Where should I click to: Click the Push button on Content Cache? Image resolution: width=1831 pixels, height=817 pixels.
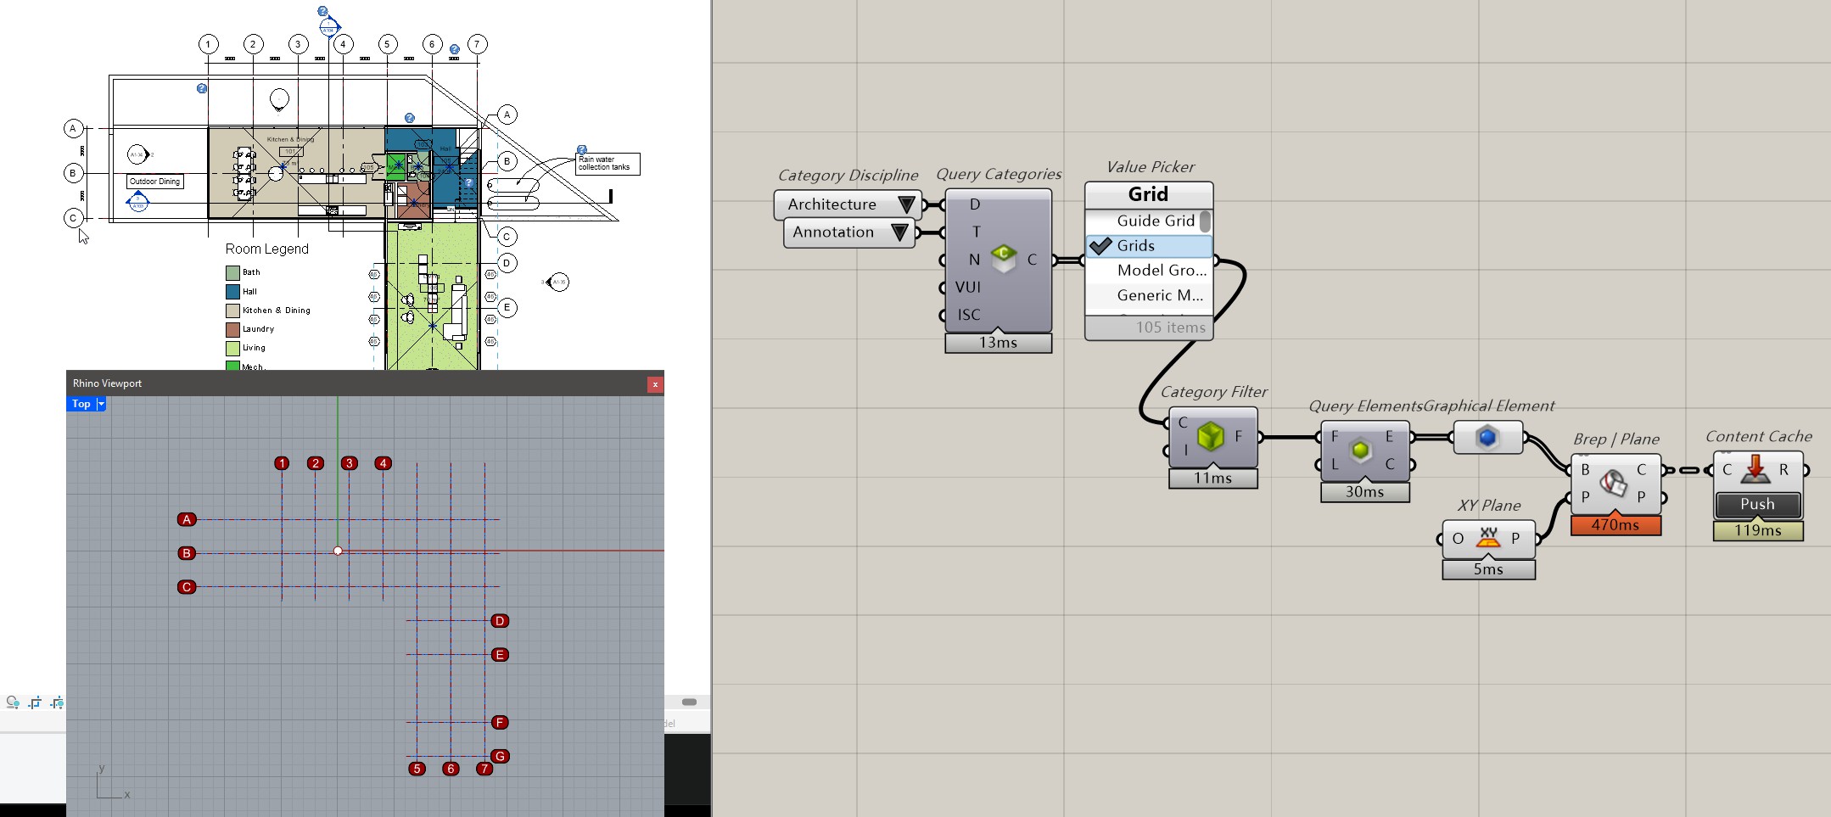[x=1757, y=504]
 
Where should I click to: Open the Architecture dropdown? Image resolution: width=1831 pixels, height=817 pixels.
[x=906, y=204]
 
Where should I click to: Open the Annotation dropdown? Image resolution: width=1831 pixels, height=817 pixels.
[x=899, y=232]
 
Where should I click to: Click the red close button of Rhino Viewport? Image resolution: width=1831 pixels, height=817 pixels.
[x=655, y=384]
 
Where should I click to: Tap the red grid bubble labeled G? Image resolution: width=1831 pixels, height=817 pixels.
[x=500, y=756]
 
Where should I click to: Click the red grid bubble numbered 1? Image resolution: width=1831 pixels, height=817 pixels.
[x=282, y=463]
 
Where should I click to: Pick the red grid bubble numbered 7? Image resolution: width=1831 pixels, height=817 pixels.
[x=484, y=769]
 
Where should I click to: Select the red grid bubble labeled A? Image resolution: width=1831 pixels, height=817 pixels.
[x=187, y=519]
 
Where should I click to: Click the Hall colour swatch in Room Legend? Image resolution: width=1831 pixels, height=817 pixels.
[x=232, y=291]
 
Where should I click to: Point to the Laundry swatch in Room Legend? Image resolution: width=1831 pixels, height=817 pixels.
[x=232, y=329]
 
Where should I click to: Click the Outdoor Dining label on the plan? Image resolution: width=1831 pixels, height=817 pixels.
[x=155, y=182]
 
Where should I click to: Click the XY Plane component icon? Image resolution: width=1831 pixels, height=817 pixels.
[x=1488, y=538]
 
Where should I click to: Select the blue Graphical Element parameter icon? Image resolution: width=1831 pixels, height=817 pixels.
[x=1487, y=437]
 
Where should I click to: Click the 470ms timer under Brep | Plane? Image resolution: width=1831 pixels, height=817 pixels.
[x=1615, y=525]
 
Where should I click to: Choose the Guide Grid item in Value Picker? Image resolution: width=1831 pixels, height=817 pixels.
[x=1155, y=221]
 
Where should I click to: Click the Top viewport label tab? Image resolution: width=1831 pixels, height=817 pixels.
[x=81, y=404]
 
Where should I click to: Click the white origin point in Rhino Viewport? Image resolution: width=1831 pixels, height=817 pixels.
[x=338, y=551]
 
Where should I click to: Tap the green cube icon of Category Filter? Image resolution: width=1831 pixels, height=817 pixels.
[x=1210, y=437]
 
